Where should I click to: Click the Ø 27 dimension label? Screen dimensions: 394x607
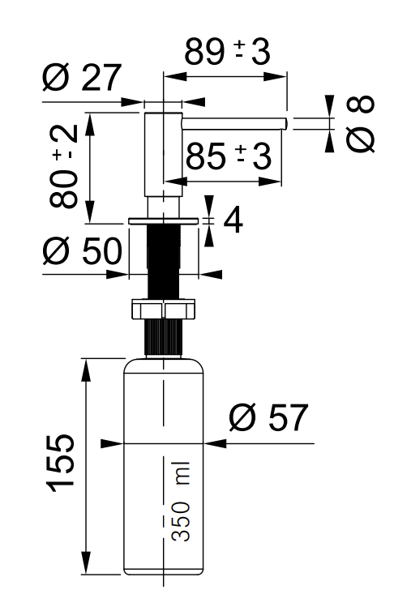[82, 78]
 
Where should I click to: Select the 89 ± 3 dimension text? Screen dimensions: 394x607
[227, 52]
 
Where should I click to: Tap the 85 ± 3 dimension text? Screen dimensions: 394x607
[229, 156]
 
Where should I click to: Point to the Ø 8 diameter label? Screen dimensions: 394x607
[360, 123]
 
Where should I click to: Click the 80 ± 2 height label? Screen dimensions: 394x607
[64, 165]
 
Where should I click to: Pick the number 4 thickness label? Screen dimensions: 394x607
[233, 220]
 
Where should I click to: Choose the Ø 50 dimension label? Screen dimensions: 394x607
[83, 251]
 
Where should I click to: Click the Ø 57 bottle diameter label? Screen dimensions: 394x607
[268, 417]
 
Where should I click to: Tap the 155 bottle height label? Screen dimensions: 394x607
[61, 464]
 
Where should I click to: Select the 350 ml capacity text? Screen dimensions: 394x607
[181, 502]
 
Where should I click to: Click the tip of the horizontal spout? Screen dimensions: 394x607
[287, 123]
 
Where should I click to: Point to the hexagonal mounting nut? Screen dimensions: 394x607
[164, 309]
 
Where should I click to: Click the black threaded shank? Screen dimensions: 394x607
[164, 262]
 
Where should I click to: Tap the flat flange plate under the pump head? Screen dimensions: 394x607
[164, 221]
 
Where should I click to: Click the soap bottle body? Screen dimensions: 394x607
[164, 468]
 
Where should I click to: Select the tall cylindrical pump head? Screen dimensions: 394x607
[163, 155]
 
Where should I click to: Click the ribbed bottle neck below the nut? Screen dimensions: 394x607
[164, 337]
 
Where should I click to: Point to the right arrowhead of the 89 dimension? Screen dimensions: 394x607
[275, 76]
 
